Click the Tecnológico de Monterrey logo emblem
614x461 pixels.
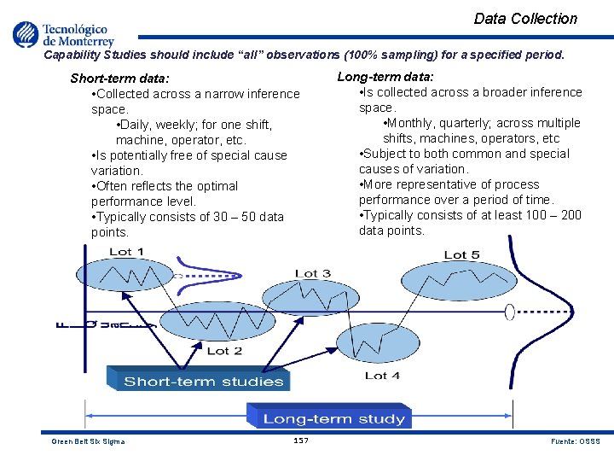(26, 34)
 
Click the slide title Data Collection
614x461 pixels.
(525, 19)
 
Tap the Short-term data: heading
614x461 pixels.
(119, 79)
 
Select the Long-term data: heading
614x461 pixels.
(385, 77)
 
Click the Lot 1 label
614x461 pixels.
(126, 252)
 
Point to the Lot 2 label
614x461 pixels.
(224, 351)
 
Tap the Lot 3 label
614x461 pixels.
(312, 274)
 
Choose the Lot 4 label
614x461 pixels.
(381, 376)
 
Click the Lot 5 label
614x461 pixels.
(461, 254)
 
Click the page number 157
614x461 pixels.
(300, 441)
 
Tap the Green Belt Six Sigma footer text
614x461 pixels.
(88, 441)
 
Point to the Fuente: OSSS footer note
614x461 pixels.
(576, 441)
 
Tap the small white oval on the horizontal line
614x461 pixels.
(510, 312)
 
